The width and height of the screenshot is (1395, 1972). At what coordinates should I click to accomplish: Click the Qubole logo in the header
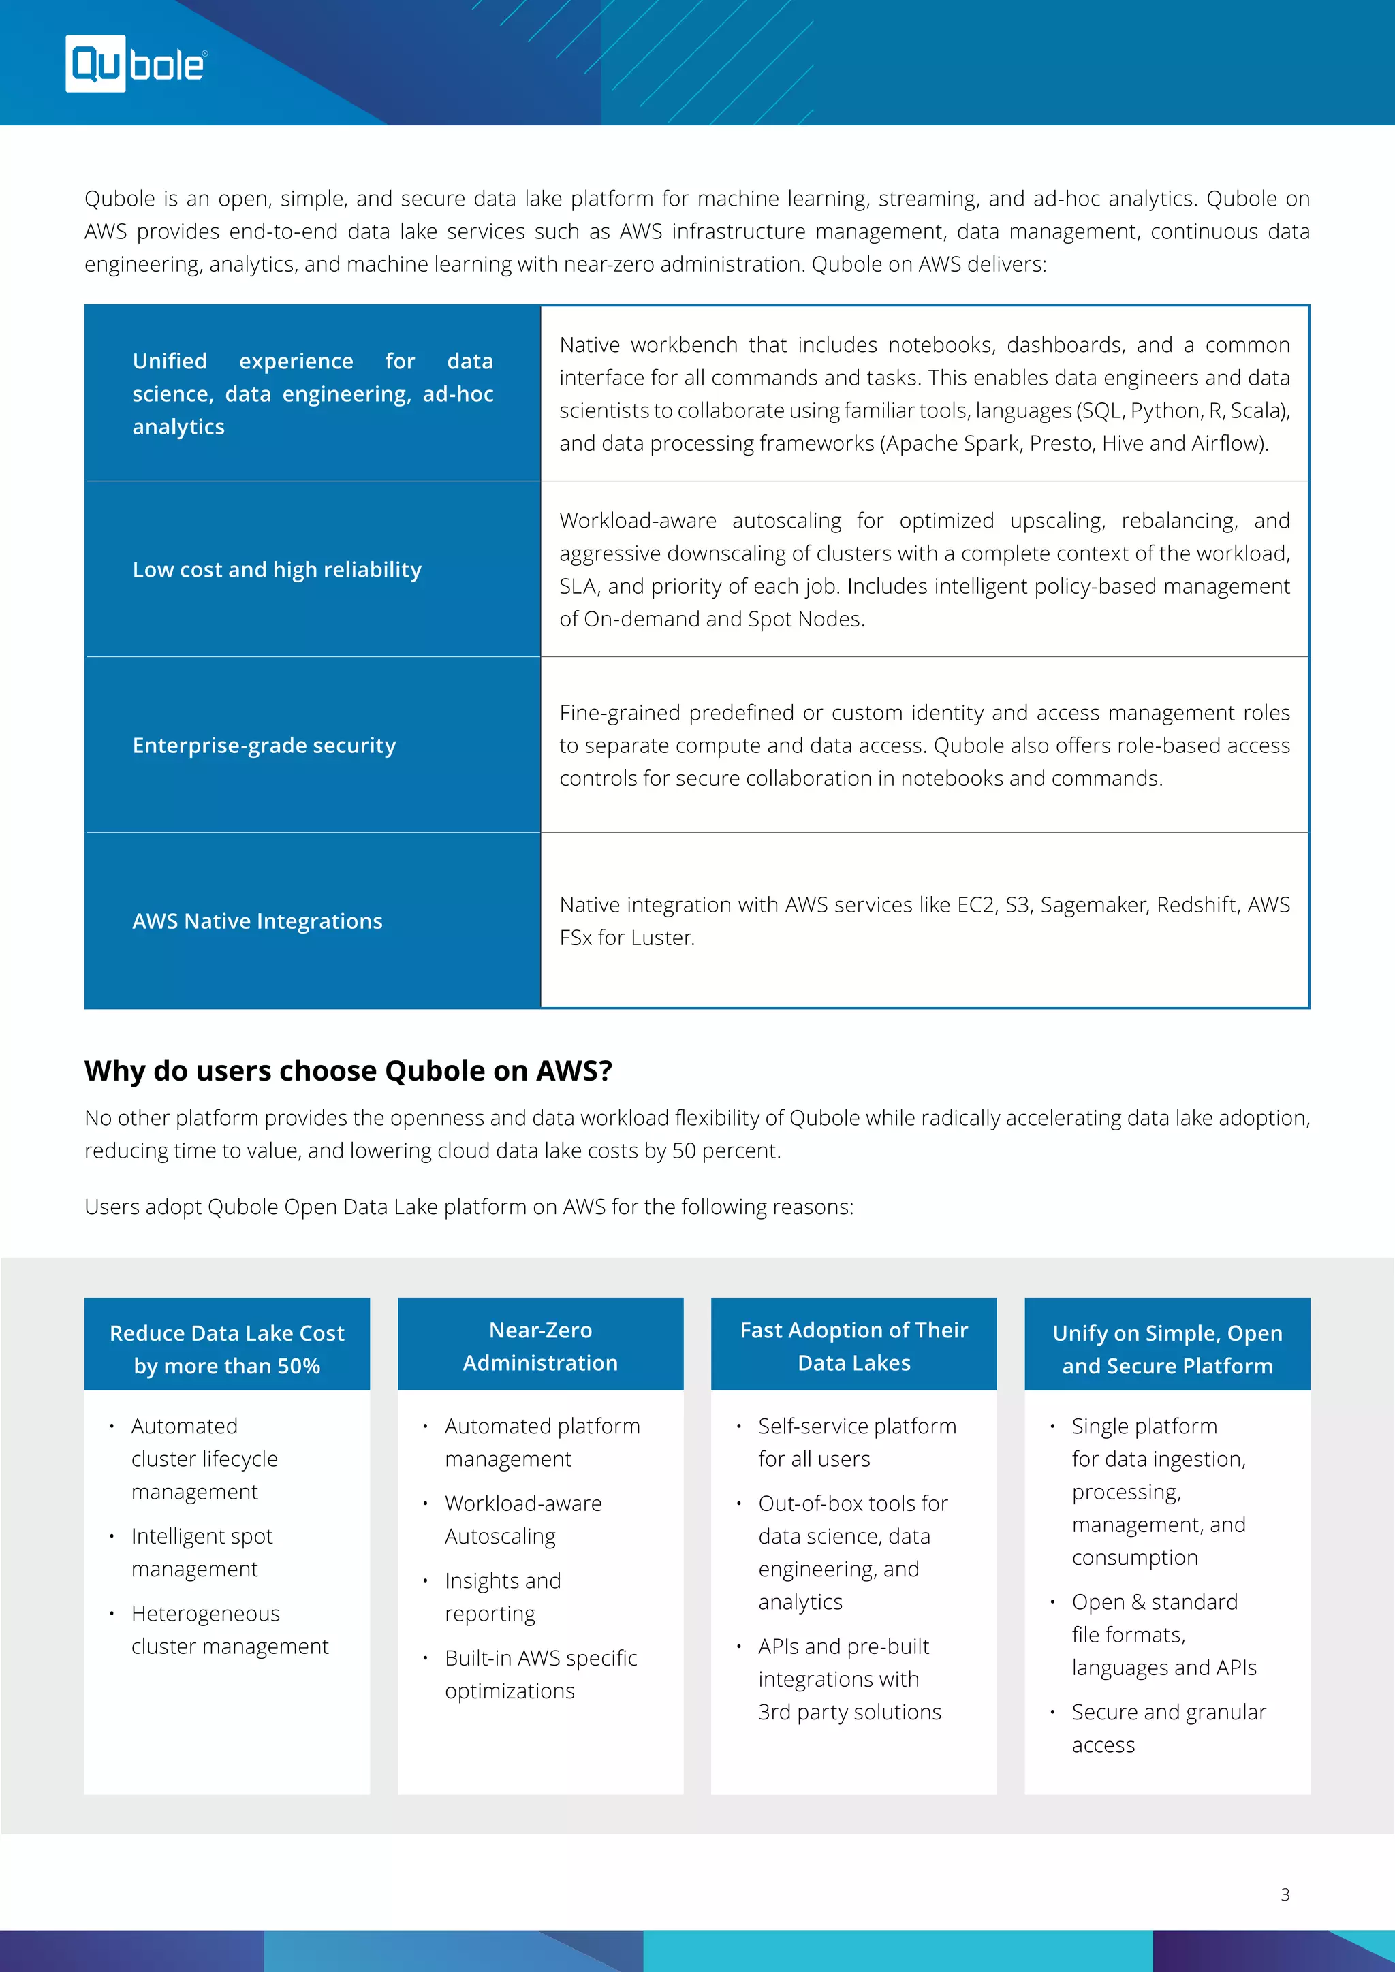click(136, 63)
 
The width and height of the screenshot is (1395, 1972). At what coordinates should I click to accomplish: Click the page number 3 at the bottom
click(1285, 1894)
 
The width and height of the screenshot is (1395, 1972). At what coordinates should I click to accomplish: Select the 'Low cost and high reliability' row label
click(277, 569)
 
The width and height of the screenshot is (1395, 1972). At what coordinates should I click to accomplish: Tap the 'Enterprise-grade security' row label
click(264, 746)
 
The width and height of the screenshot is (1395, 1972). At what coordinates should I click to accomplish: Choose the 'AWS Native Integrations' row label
click(257, 921)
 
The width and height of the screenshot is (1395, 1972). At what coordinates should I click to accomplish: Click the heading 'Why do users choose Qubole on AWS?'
click(348, 1071)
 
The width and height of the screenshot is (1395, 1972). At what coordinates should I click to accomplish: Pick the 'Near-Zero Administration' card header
click(540, 1346)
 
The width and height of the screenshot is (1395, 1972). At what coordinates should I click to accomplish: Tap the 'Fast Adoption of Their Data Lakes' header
click(854, 1346)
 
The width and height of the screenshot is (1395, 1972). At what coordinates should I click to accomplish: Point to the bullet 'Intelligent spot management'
click(202, 1552)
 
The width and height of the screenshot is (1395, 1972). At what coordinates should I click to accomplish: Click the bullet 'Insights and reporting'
click(503, 1597)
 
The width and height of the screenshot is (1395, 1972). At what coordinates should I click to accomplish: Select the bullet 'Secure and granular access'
click(1168, 1728)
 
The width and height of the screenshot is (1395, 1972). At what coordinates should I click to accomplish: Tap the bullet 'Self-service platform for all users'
click(856, 1442)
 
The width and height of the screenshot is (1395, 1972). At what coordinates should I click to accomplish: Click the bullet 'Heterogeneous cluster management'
click(230, 1629)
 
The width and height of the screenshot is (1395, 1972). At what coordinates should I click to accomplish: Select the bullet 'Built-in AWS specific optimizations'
click(540, 1674)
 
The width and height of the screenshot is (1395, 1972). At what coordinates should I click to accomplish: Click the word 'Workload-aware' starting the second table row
click(638, 520)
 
